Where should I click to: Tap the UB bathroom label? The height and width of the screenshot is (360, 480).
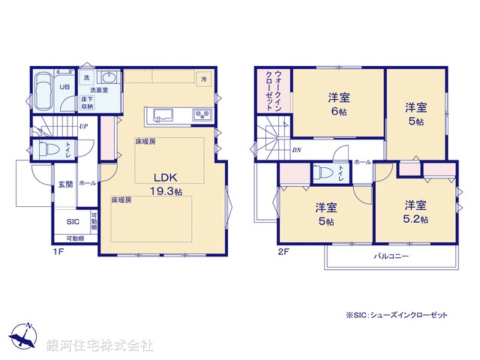click(65, 87)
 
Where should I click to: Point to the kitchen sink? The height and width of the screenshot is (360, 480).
click(164, 115)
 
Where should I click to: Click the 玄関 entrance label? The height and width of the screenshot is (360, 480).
click(64, 184)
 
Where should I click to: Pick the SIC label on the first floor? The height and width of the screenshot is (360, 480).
click(72, 221)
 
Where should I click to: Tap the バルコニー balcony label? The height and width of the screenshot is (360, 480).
click(391, 256)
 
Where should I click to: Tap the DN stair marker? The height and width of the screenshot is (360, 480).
click(296, 150)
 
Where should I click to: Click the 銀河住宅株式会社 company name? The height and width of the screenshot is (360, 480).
click(100, 346)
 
